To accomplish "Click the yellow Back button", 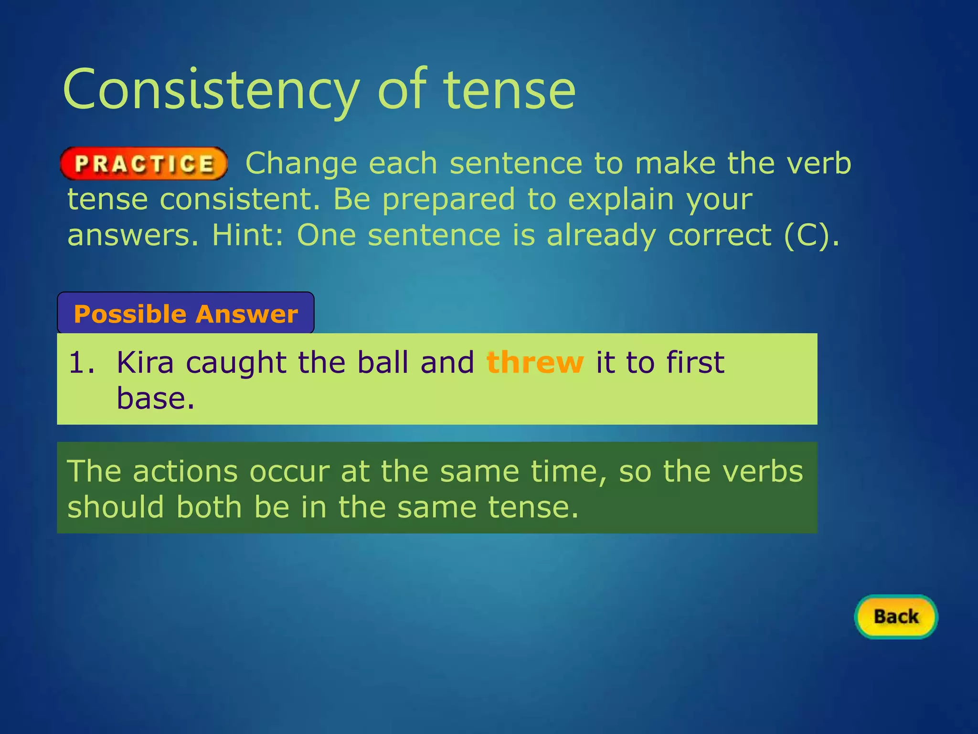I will [896, 616].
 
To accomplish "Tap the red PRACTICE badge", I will [144, 164].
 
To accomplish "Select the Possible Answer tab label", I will [186, 314].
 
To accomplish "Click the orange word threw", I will [535, 362].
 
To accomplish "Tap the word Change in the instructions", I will [301, 164].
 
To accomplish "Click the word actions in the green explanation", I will [185, 472].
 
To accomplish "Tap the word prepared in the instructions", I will [448, 200].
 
